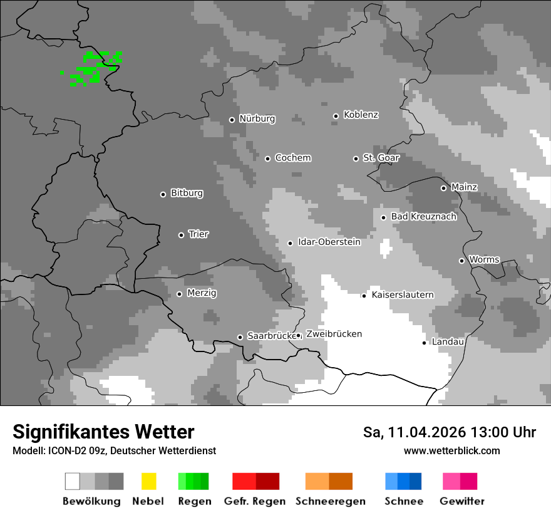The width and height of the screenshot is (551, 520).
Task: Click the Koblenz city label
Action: click(361, 115)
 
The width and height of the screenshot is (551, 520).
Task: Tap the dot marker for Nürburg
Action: click(232, 120)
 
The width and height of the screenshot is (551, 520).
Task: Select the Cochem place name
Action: click(292, 158)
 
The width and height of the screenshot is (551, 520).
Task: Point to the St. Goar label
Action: click(381, 158)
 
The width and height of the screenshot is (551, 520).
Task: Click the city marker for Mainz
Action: click(443, 188)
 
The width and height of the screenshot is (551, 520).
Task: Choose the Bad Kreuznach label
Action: click(423, 217)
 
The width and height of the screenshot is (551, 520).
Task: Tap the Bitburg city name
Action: click(187, 194)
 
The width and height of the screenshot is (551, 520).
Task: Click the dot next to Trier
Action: click(181, 235)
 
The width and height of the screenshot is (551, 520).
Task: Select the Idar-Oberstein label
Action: click(329, 242)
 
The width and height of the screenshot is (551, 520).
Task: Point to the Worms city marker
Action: click(461, 261)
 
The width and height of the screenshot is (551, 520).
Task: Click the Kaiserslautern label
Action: click(402, 295)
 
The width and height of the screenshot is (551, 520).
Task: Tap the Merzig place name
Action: click(202, 293)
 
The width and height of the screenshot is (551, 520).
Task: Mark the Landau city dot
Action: click(424, 343)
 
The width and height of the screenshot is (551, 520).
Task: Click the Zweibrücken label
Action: click(334, 335)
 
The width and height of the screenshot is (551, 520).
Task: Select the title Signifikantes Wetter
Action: click(103, 432)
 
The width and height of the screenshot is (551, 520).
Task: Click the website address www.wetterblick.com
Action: click(451, 451)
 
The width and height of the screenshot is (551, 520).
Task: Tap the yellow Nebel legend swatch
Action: click(148, 481)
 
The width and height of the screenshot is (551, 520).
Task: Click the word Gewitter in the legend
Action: click(461, 501)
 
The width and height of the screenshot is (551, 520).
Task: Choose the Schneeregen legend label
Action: click(330, 501)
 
